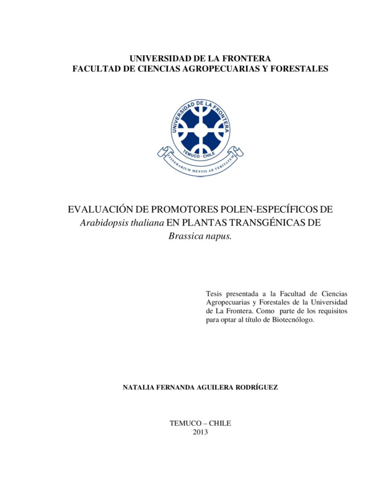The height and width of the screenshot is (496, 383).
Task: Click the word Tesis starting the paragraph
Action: (216, 293)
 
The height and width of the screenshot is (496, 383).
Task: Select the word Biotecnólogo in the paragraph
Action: (293, 320)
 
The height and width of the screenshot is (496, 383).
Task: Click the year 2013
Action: (201, 432)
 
